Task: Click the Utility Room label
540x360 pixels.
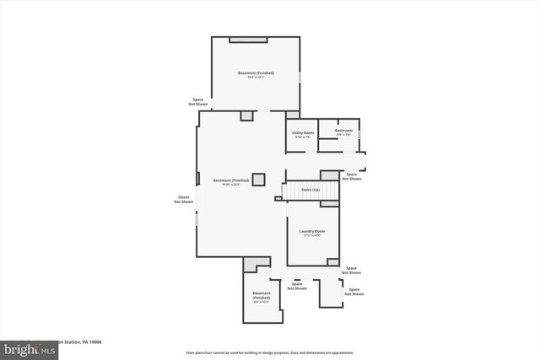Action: click(303, 133)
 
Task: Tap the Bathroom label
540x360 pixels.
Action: click(343, 131)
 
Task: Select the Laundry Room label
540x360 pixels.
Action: click(313, 231)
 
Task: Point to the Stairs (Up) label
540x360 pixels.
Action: click(310, 190)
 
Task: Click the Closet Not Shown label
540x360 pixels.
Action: click(183, 200)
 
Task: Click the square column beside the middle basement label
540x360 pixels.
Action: click(258, 179)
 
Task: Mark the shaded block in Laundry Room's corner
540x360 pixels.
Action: click(332, 262)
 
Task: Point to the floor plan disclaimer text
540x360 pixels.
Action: click(269, 352)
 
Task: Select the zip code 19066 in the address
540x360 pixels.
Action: click(94, 342)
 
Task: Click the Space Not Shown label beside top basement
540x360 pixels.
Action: click(197, 101)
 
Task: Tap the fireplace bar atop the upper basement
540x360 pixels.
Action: click(248, 39)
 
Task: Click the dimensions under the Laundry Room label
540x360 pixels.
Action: click(313, 235)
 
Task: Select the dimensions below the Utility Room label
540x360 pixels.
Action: click(303, 137)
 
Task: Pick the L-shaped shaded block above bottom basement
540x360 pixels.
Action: click(251, 265)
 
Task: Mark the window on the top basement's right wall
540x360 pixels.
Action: click(300, 78)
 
